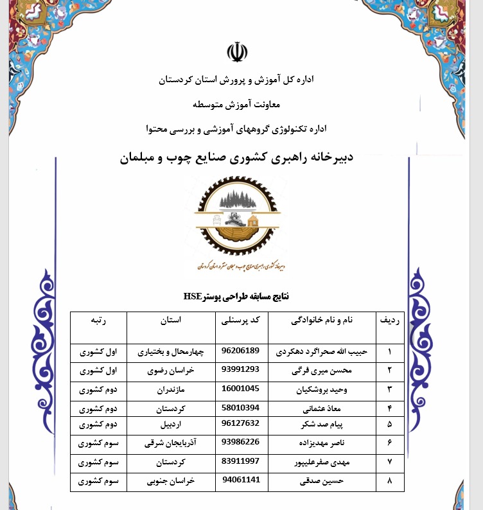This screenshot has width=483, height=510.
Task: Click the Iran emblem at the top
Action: pyautogui.click(x=236, y=52)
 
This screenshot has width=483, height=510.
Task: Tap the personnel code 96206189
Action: pyautogui.click(x=240, y=351)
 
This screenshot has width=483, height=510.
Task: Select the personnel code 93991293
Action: pyautogui.click(x=240, y=370)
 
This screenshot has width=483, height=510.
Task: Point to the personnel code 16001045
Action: pyautogui.click(x=240, y=388)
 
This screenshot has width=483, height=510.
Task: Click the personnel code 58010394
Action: pyautogui.click(x=240, y=407)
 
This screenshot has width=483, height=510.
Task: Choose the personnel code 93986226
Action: pyautogui.click(x=240, y=442)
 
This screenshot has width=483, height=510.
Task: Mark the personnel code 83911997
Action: pyautogui.click(x=240, y=461)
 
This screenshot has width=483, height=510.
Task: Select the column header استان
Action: pyautogui.click(x=170, y=320)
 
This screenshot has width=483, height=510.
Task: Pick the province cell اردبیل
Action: pyautogui.click(x=170, y=425)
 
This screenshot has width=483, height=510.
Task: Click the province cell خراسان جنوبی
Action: pyautogui.click(x=170, y=480)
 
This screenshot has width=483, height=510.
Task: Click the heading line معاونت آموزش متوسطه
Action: pyautogui.click(x=236, y=104)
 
